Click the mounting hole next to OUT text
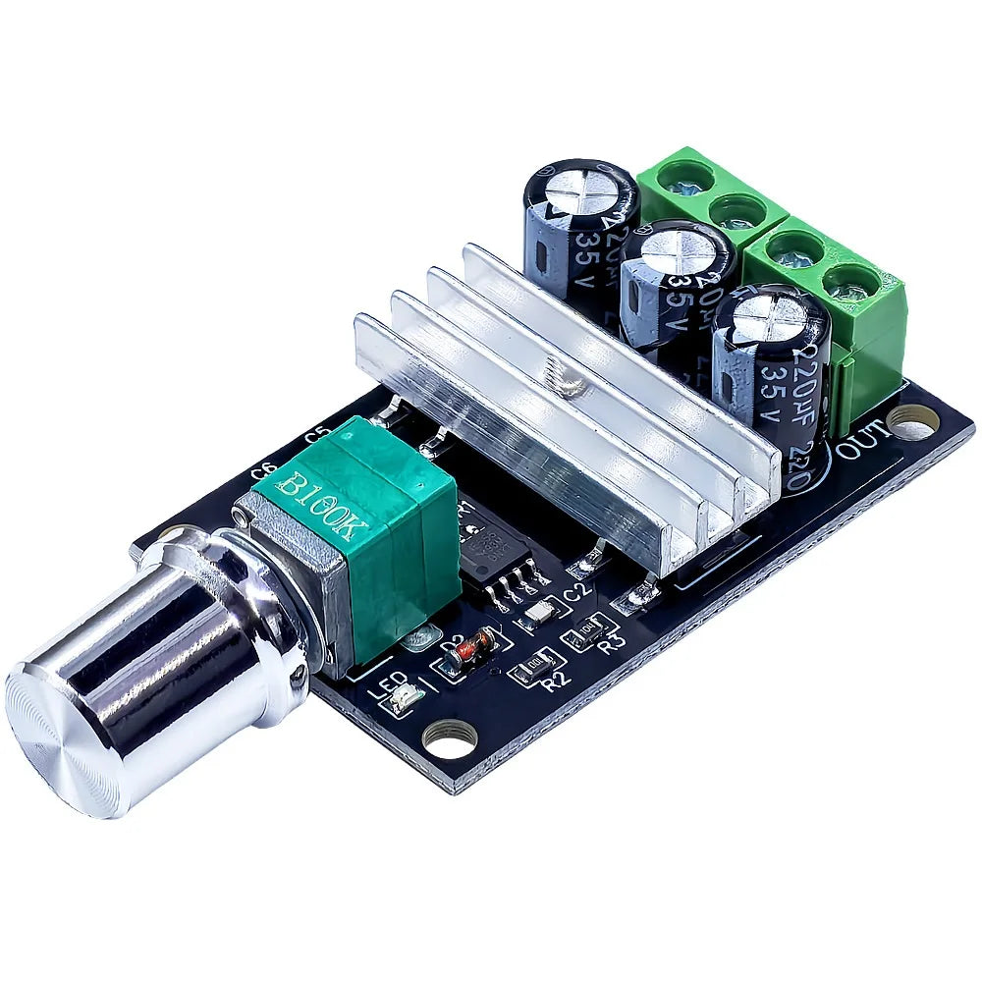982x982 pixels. (914, 425)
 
